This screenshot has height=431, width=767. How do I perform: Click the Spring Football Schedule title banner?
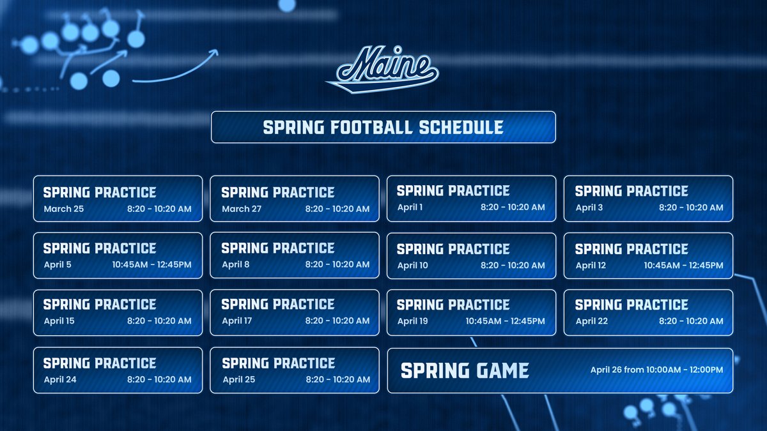click(383, 127)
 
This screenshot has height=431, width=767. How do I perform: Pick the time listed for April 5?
click(151, 264)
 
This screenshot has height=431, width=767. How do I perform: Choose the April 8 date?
click(236, 264)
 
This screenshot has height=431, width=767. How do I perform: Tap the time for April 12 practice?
click(683, 265)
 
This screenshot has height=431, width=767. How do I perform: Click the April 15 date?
click(59, 321)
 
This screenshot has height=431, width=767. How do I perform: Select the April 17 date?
click(237, 321)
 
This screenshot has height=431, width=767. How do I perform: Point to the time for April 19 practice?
click(505, 321)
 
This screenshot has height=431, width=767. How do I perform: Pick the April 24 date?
click(60, 379)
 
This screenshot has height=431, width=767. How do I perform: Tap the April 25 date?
click(238, 379)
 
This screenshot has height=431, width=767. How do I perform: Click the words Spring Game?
click(465, 370)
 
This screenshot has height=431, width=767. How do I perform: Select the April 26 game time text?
click(656, 370)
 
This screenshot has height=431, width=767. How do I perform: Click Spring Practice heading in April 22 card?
click(631, 305)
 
